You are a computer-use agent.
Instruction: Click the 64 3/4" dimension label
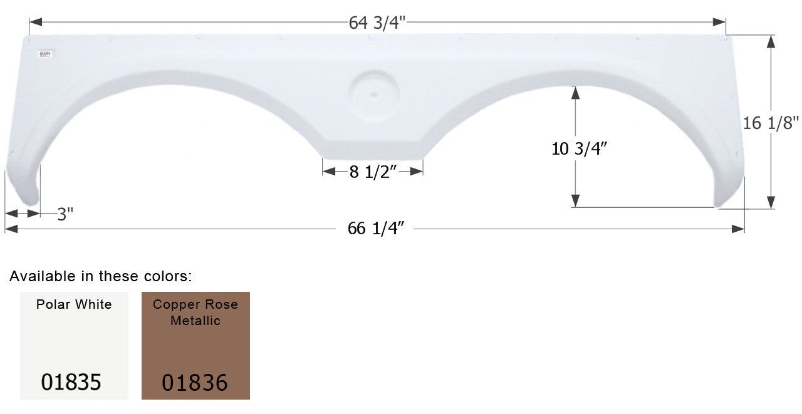[377, 23]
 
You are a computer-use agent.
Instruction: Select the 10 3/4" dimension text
[580, 149]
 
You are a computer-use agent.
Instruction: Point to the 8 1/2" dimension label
[374, 172]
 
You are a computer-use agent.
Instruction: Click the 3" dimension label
[65, 214]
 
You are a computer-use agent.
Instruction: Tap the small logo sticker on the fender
[46, 54]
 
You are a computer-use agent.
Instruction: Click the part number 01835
[71, 381]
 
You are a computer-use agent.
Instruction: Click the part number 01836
[195, 381]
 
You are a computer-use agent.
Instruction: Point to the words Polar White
[74, 305]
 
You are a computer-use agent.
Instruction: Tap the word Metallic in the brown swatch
[195, 321]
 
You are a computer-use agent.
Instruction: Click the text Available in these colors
[101, 276]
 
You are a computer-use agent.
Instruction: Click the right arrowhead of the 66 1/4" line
[739, 229]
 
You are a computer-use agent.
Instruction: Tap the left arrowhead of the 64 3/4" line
[35, 23]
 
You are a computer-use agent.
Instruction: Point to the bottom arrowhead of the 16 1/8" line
[771, 202]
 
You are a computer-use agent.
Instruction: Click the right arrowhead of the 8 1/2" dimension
[418, 172]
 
